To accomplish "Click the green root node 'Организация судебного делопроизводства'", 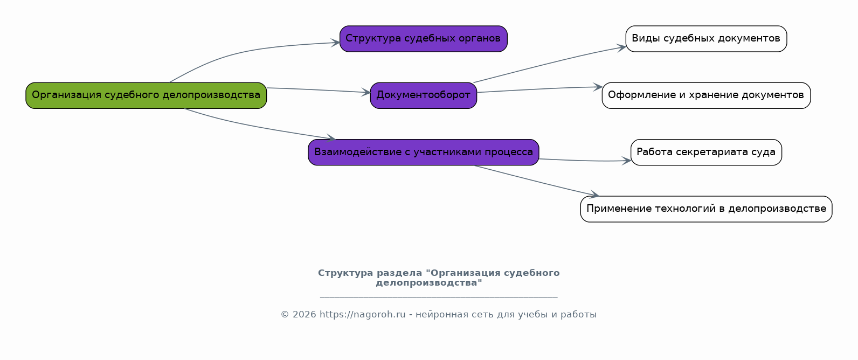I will click(x=146, y=95).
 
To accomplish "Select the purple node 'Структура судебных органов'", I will click(x=423, y=39).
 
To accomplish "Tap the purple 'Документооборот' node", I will click(x=423, y=95).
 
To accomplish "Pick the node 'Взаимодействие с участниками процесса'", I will click(x=423, y=152).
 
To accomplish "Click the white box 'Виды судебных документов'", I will click(x=706, y=39).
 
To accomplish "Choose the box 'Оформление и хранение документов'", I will click(x=706, y=95).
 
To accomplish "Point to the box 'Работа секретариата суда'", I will click(x=706, y=152).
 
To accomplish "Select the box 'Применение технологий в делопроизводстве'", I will click(x=706, y=209).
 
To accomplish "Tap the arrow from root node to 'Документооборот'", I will click(x=318, y=90).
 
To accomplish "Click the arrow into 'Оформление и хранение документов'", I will click(x=539, y=89).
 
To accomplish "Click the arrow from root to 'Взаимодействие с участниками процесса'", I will click(x=253, y=126).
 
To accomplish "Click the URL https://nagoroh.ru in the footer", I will click(x=362, y=315).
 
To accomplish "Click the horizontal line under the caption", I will click(x=439, y=297).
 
